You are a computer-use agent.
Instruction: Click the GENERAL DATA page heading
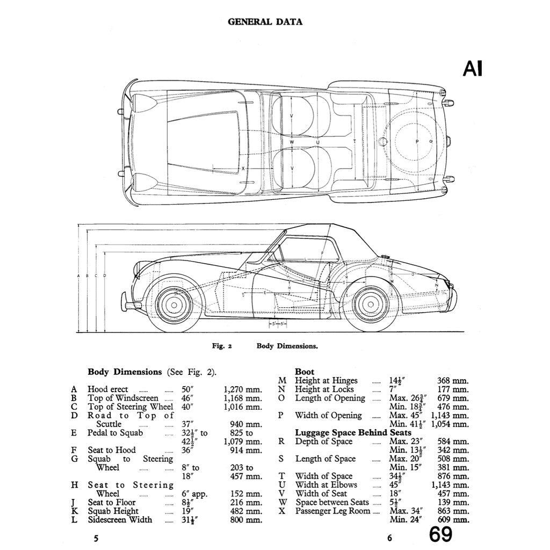point(265,22)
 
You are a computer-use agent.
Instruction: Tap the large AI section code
point(472,69)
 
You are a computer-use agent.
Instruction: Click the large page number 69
point(440,535)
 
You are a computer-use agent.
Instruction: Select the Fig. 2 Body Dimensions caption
point(265,346)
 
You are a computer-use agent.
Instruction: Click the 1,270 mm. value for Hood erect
point(243,389)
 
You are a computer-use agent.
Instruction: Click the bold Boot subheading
point(305,372)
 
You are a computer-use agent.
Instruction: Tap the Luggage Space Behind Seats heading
point(353,432)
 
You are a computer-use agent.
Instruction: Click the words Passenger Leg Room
point(332,511)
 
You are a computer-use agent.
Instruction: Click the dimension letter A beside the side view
point(79,276)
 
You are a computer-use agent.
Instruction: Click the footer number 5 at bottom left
point(96,538)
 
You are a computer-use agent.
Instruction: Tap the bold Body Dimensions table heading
point(125,372)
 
